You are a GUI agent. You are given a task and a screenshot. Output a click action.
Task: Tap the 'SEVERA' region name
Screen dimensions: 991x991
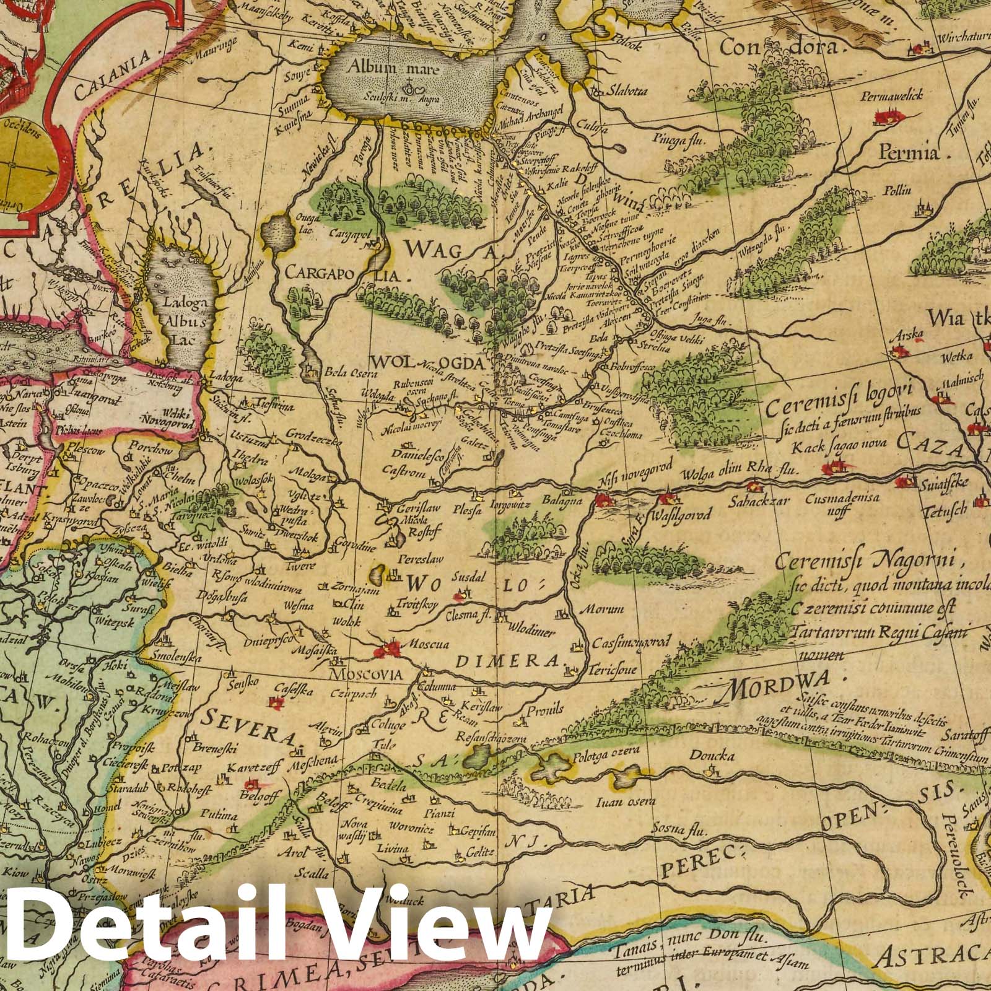click(248, 728)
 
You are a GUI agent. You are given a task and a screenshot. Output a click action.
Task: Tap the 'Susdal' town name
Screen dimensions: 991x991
click(470, 575)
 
